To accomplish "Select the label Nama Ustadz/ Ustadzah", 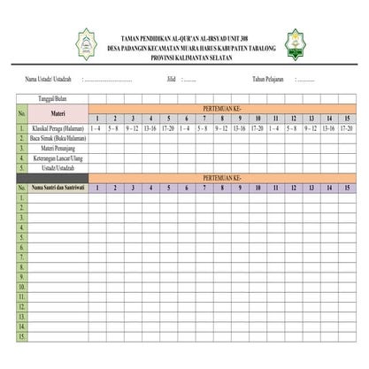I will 49,79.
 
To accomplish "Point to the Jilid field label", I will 171,79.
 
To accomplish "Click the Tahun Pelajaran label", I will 268,79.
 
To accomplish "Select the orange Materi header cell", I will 58,113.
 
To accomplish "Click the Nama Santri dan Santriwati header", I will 58,188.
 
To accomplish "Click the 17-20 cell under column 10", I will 258,128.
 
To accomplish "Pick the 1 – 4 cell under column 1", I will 96,128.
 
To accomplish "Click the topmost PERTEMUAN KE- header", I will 221,109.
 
